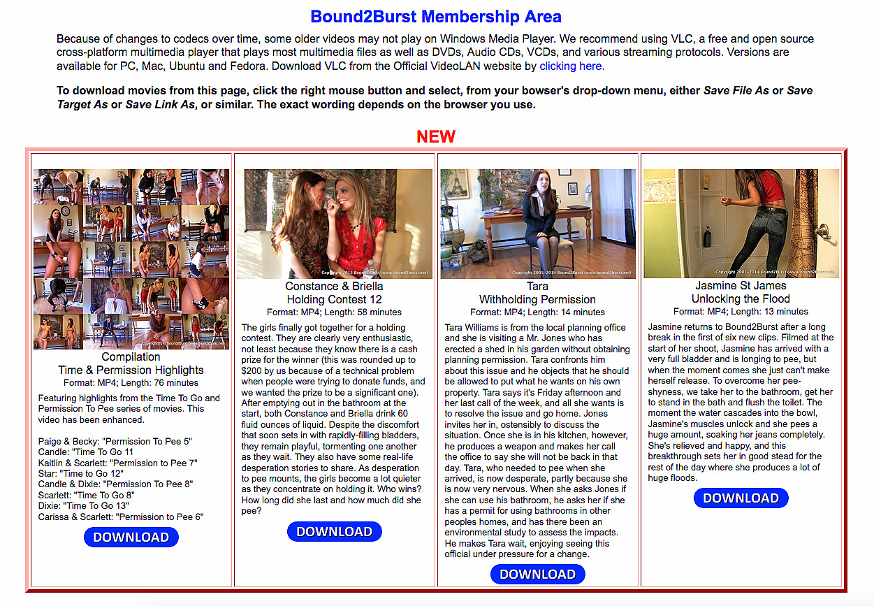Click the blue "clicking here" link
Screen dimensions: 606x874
click(570, 66)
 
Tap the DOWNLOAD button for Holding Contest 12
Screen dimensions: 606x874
click(335, 532)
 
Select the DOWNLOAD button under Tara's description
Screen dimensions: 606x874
click(538, 575)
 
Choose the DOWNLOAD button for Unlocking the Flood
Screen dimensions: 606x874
click(741, 498)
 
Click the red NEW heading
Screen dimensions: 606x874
click(436, 136)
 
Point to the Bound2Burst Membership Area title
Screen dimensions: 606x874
click(436, 17)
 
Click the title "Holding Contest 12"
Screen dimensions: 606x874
click(335, 299)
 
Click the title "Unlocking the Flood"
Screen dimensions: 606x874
click(741, 299)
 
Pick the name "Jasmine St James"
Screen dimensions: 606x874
click(741, 286)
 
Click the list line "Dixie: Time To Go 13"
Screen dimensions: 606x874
click(86, 505)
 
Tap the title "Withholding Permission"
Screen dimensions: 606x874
click(538, 299)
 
